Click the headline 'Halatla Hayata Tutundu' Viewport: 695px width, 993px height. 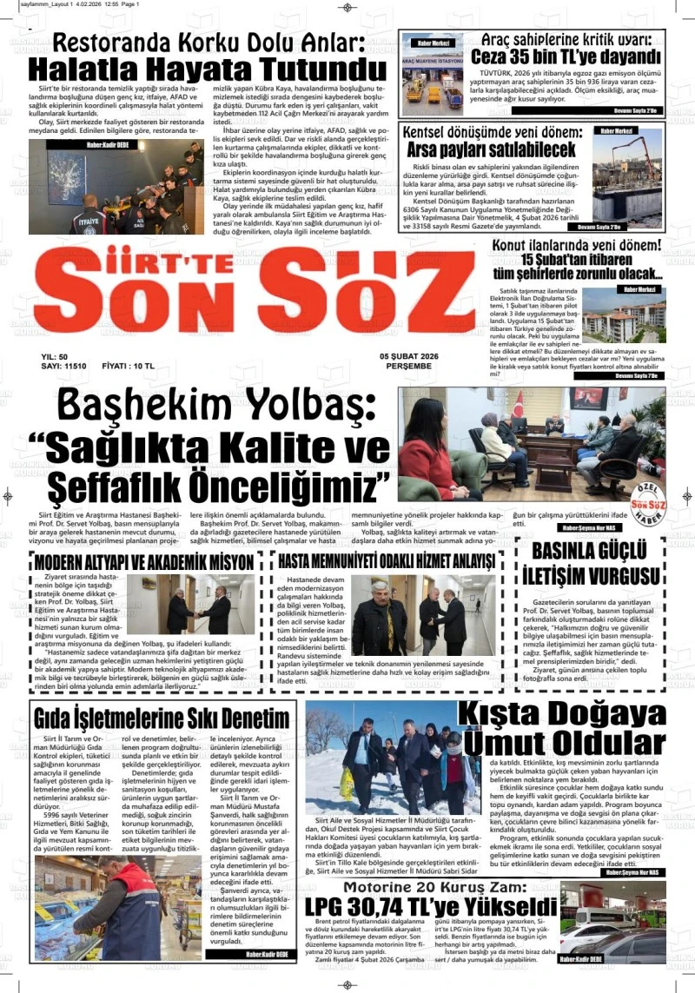207,69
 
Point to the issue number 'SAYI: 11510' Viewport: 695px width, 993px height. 64,367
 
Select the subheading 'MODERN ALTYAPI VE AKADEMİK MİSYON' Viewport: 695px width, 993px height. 144,561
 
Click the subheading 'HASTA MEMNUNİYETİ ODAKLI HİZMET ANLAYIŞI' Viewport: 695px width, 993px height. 386,561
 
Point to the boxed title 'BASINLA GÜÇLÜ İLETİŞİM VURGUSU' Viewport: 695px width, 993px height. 590,563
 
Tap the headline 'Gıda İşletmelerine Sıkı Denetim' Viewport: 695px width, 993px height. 162,718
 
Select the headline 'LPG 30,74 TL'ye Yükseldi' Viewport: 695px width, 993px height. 430,906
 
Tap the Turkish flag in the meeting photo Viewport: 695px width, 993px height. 520,405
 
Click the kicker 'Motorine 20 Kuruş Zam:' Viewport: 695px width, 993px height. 434,887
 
